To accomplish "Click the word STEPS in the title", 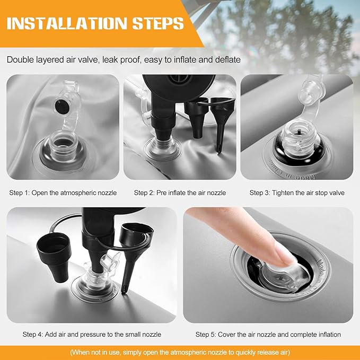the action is tap(158, 23).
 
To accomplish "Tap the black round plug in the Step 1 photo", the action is tap(62, 107).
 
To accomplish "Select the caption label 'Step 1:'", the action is tap(20, 192).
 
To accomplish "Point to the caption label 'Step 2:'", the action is tap(144, 192).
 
